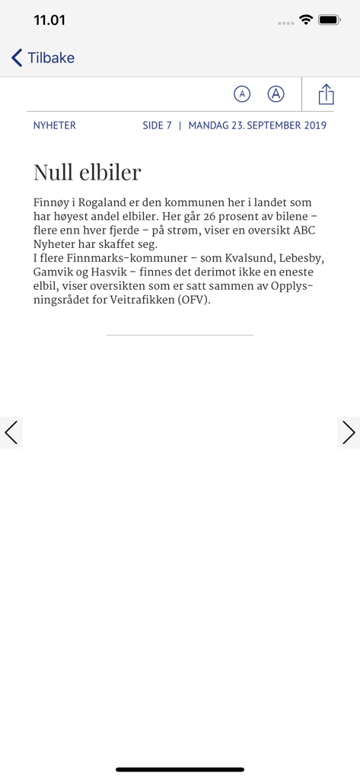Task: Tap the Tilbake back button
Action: coord(43,58)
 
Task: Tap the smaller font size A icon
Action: coord(241,94)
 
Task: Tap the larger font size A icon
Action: coord(276,94)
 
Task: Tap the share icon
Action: coord(327,94)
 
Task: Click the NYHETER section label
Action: coord(54,126)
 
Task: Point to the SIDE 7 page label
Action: coord(157,126)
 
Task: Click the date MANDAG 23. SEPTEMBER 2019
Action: coord(257,126)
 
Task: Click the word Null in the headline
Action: coord(54,172)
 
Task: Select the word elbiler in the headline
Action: coord(110,172)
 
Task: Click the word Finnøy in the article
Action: coord(52,204)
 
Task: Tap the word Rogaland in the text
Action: coord(110,203)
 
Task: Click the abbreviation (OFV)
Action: coord(192,300)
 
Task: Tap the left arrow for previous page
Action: coord(11,432)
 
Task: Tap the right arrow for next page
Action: coord(349,432)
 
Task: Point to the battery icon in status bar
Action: coord(330,21)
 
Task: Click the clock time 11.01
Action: coord(49,21)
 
